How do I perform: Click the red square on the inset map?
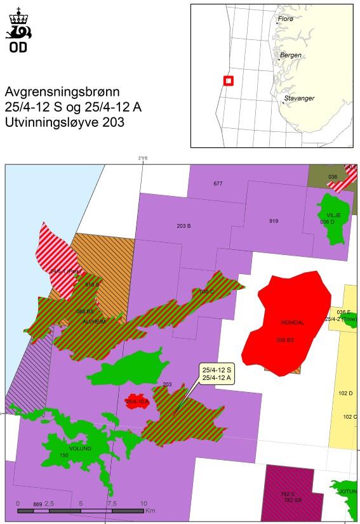[229, 81]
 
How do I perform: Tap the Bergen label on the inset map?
[290, 55]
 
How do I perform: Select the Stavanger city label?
[299, 98]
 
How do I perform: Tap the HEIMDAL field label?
[293, 322]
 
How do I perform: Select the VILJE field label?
[333, 215]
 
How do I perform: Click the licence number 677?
[218, 183]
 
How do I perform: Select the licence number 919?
[274, 221]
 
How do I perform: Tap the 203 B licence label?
[183, 226]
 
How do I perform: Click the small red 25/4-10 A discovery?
[137, 401]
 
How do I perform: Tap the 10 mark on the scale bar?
[143, 503]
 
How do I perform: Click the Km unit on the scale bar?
[150, 510]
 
